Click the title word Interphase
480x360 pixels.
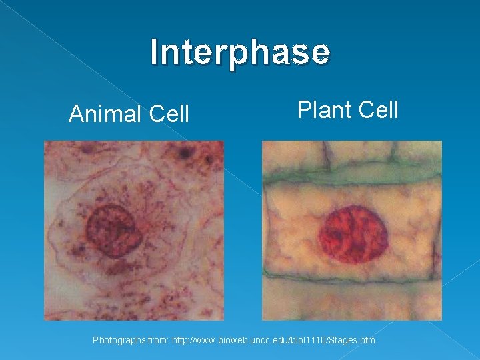tap(240, 53)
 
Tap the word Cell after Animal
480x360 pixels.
tap(169, 114)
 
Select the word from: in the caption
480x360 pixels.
tap(158, 341)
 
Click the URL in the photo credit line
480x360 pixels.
tap(273, 341)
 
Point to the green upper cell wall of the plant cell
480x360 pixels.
tap(351, 175)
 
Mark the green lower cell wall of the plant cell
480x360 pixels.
tap(351, 274)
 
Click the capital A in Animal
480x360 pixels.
tap(76, 114)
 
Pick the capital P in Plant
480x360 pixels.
tap(303, 109)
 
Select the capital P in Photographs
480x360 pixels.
tap(95, 341)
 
